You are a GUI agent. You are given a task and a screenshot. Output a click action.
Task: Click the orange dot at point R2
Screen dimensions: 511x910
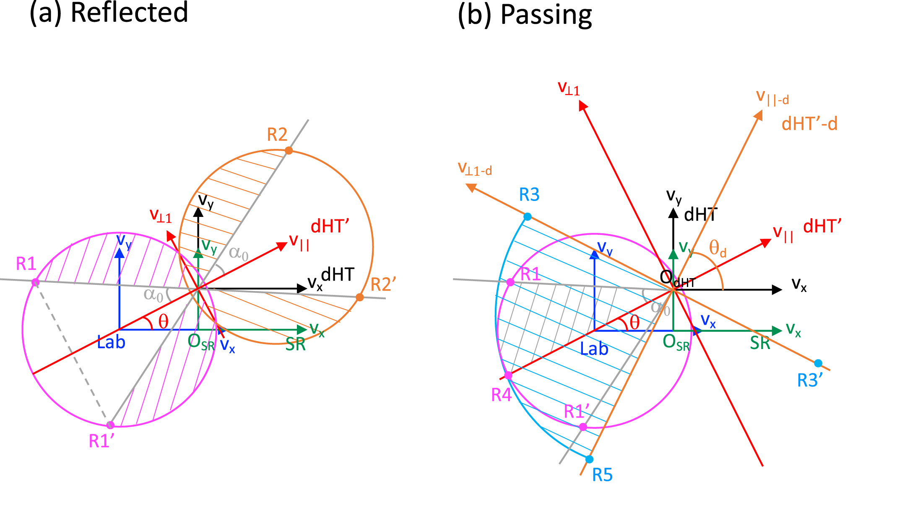pyautogui.click(x=289, y=150)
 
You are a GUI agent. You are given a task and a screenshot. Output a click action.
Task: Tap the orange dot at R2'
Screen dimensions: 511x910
pyautogui.click(x=359, y=297)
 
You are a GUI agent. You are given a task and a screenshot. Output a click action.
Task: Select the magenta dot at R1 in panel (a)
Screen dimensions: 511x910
pyautogui.click(x=36, y=282)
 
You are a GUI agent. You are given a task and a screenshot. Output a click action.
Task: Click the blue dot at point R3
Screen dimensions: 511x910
pyautogui.click(x=528, y=216)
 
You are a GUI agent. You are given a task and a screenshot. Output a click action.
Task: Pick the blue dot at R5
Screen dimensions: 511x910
pyautogui.click(x=589, y=459)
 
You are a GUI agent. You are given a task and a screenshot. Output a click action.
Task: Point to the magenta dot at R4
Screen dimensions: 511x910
pyautogui.click(x=508, y=375)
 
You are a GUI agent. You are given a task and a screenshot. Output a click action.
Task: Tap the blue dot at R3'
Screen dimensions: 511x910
pyautogui.click(x=818, y=363)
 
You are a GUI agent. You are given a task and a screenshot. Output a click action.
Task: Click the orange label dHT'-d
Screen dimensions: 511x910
pyautogui.click(x=809, y=124)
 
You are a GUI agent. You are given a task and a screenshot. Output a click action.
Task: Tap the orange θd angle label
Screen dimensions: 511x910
pyautogui.click(x=717, y=249)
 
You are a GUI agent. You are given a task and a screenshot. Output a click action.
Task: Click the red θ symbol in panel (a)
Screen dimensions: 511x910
pyautogui.click(x=163, y=322)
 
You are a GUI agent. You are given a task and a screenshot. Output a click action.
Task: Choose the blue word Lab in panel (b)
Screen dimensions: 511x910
pyautogui.click(x=594, y=349)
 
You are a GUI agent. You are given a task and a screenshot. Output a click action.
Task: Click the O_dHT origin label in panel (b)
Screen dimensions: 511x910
pyautogui.click(x=676, y=279)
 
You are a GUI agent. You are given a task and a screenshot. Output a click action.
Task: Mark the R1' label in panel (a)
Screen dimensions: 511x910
pyautogui.click(x=101, y=441)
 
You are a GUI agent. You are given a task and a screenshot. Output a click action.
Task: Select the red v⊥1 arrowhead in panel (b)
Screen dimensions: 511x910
pyautogui.click(x=582, y=106)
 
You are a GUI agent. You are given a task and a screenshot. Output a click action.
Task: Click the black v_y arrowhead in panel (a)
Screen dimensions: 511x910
pyautogui.click(x=198, y=211)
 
